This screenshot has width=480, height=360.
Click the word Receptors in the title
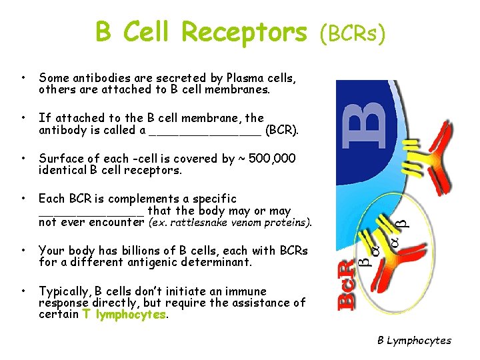pos(244,31)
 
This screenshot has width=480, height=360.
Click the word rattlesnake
pos(204,222)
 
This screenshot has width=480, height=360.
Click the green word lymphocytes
pos(131,314)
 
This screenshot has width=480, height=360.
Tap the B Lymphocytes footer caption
pos(414,341)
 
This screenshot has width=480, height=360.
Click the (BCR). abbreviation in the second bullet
pos(282,130)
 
